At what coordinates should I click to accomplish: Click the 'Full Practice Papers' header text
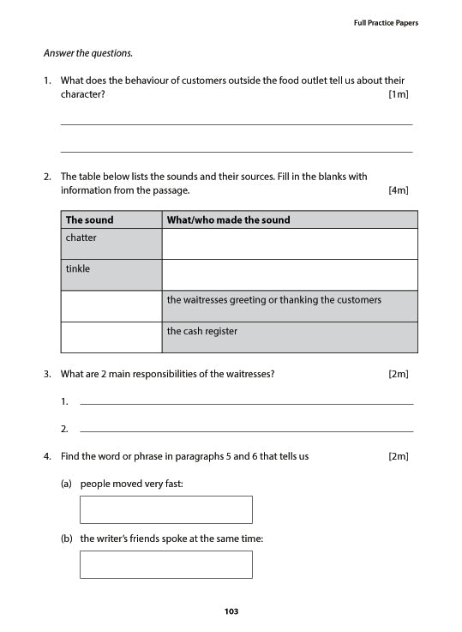(386, 22)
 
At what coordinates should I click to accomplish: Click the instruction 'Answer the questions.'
(88, 53)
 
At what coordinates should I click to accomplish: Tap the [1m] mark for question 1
(398, 94)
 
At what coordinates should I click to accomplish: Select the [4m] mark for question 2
(398, 190)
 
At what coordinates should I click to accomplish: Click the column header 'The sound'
(89, 220)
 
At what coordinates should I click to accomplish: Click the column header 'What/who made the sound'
(228, 220)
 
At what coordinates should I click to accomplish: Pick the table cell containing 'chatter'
(111, 244)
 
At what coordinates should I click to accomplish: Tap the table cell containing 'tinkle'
(111, 274)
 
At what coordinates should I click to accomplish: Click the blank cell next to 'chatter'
(289, 244)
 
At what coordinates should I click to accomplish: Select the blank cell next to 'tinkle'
(289, 274)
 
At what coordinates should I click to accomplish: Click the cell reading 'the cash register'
(289, 337)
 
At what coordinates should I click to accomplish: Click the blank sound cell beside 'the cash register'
(111, 337)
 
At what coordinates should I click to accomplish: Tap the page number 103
(231, 611)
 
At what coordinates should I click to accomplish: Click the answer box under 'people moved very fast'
(165, 509)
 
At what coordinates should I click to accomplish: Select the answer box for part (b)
(165, 564)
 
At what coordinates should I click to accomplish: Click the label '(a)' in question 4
(66, 484)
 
